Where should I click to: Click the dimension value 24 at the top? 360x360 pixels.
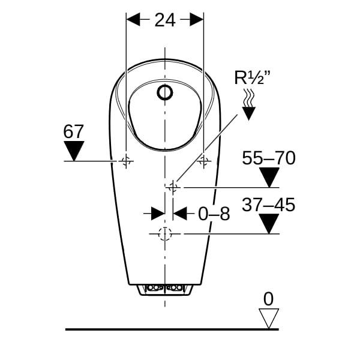coord(165,20)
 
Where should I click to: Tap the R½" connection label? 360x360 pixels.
coord(253,78)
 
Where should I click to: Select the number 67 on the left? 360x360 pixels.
coord(73,131)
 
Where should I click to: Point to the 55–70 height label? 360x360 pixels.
coord(269,158)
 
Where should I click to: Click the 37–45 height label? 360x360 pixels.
coord(268,205)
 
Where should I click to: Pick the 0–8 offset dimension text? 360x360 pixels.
coord(214,214)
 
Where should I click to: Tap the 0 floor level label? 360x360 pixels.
coord(268,299)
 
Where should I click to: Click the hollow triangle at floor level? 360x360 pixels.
coord(269,318)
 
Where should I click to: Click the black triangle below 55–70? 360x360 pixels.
coord(269,177)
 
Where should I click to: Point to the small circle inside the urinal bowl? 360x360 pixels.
coord(165,92)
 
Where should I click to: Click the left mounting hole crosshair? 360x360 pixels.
coord(126,161)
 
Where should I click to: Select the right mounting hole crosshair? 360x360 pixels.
coord(203,161)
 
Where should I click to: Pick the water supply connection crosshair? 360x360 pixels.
coord(173,188)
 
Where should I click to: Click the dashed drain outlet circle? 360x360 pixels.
coord(165,234)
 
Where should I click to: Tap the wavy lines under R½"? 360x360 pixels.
coord(249,98)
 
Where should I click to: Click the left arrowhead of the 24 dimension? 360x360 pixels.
coord(133,20)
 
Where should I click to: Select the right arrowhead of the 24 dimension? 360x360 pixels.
coord(197,20)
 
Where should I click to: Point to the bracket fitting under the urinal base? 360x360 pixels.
coord(165,290)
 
